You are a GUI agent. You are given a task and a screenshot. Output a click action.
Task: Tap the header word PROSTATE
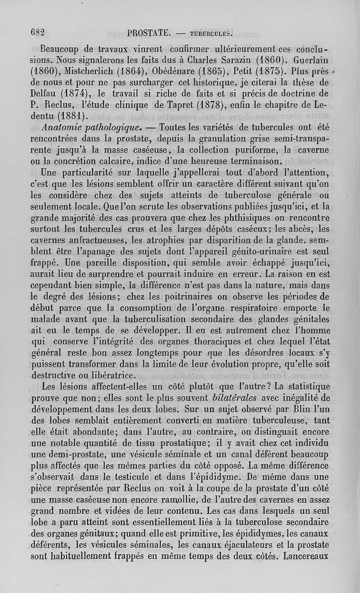(x=148, y=33)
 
